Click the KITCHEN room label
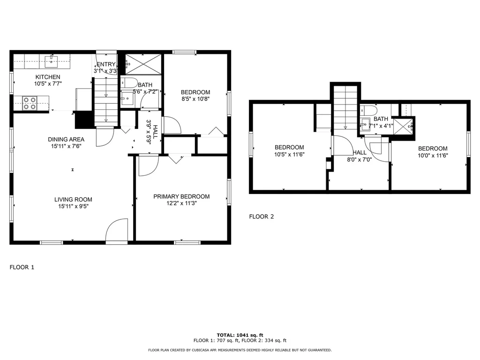click(x=48, y=77)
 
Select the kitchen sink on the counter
click(x=51, y=60)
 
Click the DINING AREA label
click(x=66, y=139)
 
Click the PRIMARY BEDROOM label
click(x=181, y=196)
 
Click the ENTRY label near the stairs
click(x=105, y=65)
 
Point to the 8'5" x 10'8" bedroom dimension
click(x=195, y=99)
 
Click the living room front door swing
click(x=117, y=231)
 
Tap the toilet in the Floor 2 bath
click(x=370, y=111)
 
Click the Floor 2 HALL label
click(x=360, y=153)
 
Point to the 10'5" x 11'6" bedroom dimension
click(x=289, y=154)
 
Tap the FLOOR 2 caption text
click(x=261, y=217)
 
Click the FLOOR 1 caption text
click(x=22, y=267)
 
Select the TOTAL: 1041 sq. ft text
click(x=240, y=335)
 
